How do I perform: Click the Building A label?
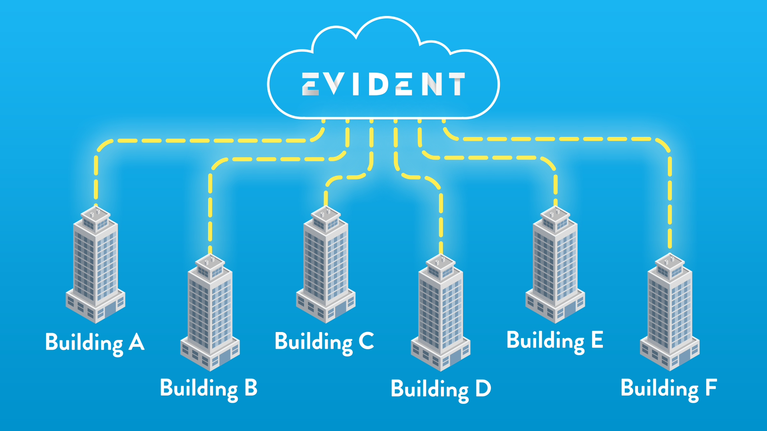95,343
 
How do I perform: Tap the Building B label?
209,388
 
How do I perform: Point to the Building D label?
441,389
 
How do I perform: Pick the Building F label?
669,388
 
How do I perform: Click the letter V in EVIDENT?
334,84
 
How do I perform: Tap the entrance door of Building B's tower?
224,357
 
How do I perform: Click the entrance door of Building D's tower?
455,357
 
